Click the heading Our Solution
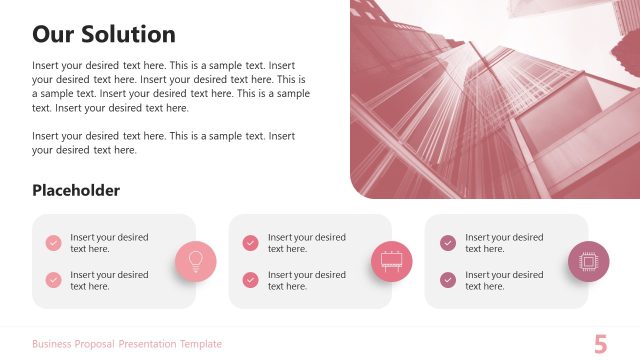[104, 34]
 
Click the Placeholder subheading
[76, 190]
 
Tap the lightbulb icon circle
[196, 261]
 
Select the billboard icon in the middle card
[392, 261]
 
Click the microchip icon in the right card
[589, 261]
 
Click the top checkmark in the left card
[53, 243]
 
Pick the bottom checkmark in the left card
[53, 280]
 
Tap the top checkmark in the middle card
[250, 243]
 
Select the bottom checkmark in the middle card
[250, 280]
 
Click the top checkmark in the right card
[448, 243]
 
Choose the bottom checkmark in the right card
[448, 280]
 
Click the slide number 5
[600, 345]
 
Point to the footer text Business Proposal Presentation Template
[127, 344]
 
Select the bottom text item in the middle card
[306, 280]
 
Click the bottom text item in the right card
[504, 280]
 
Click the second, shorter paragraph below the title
[164, 143]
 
